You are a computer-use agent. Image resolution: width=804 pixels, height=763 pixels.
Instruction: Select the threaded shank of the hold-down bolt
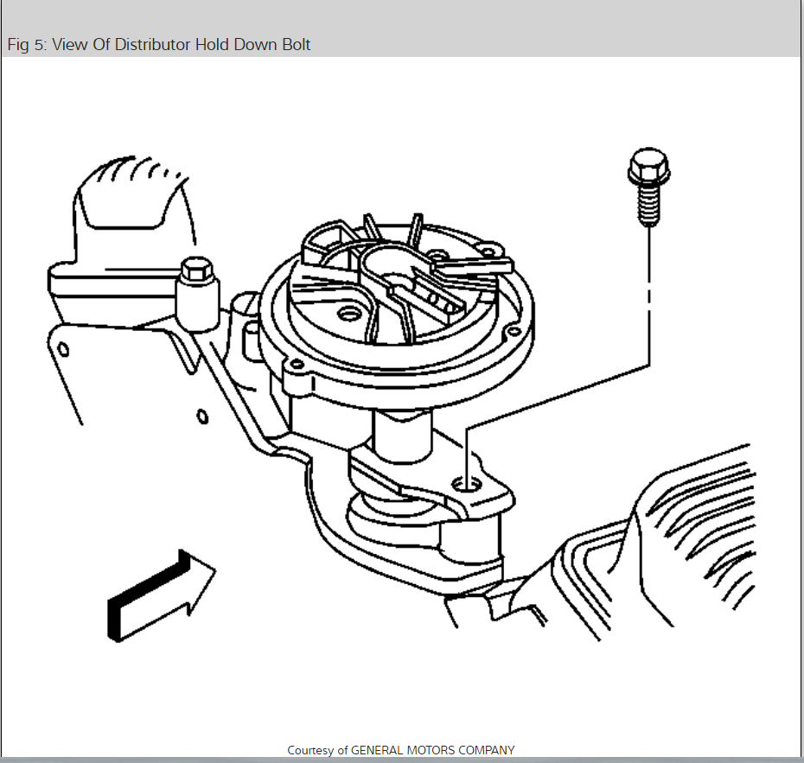(647, 206)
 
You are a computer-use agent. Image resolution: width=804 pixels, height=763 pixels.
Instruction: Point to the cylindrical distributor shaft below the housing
(402, 436)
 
